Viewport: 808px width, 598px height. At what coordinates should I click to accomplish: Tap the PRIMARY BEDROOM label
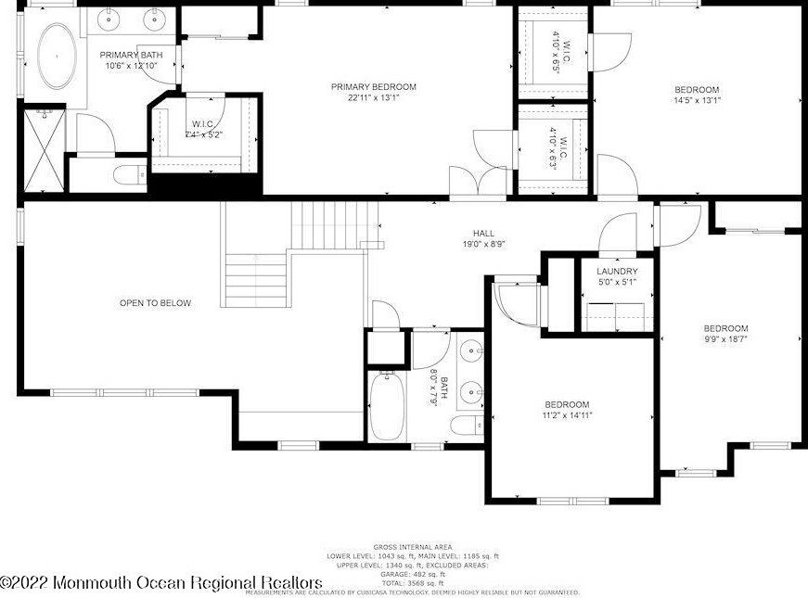tap(374, 87)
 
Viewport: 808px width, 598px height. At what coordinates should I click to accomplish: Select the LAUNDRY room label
tap(617, 271)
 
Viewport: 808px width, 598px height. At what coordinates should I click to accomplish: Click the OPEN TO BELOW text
tap(155, 303)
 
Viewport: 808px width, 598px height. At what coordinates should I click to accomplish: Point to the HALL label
tap(483, 234)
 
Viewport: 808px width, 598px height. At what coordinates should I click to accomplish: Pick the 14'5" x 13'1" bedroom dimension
tap(697, 101)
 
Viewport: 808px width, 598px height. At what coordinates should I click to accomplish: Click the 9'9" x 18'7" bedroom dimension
tap(725, 340)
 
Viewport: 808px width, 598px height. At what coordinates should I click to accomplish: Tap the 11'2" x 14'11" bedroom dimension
tap(567, 416)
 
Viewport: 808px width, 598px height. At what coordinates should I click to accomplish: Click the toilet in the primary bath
tap(126, 173)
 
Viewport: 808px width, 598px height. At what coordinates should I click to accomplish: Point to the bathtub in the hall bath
tap(386, 406)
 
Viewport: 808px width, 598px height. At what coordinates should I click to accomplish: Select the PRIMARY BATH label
tap(132, 56)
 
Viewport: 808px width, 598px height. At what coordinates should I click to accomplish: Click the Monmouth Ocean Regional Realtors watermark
tap(161, 582)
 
